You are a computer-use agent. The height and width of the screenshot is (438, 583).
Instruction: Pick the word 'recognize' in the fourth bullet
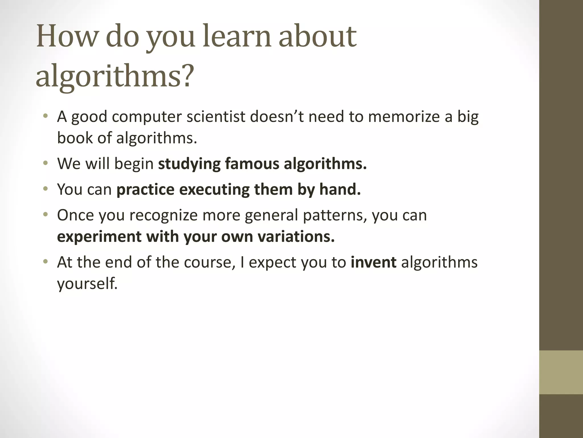(163, 215)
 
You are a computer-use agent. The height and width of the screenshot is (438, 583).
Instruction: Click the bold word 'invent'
(373, 262)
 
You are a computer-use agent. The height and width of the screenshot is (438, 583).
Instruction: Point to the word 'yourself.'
(87, 284)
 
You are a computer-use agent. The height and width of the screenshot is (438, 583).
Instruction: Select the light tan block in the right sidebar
(561, 372)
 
